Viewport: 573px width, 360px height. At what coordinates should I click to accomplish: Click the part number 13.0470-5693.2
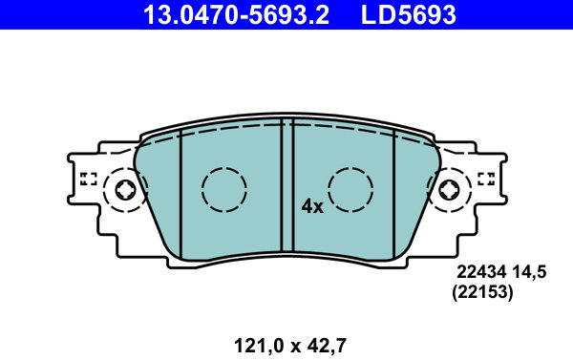(x=236, y=14)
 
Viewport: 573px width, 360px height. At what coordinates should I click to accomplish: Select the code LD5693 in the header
(x=409, y=14)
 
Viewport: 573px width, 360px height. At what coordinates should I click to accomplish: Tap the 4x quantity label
(x=312, y=207)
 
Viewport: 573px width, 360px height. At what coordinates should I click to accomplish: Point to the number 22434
(x=481, y=272)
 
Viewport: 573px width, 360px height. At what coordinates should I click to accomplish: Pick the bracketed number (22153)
(x=482, y=292)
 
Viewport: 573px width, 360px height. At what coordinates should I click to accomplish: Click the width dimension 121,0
(x=259, y=346)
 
